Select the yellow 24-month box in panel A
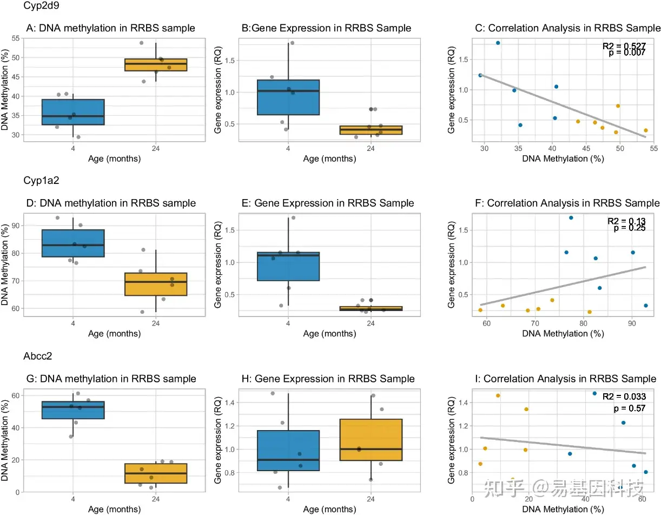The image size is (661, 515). click(x=156, y=65)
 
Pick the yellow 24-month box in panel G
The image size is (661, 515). click(x=156, y=473)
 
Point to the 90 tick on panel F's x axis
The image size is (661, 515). click(x=631, y=323)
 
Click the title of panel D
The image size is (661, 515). click(x=111, y=203)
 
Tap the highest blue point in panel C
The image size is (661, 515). click(x=498, y=43)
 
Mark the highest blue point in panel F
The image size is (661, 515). click(x=571, y=217)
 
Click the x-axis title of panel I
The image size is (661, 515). click(x=563, y=509)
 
